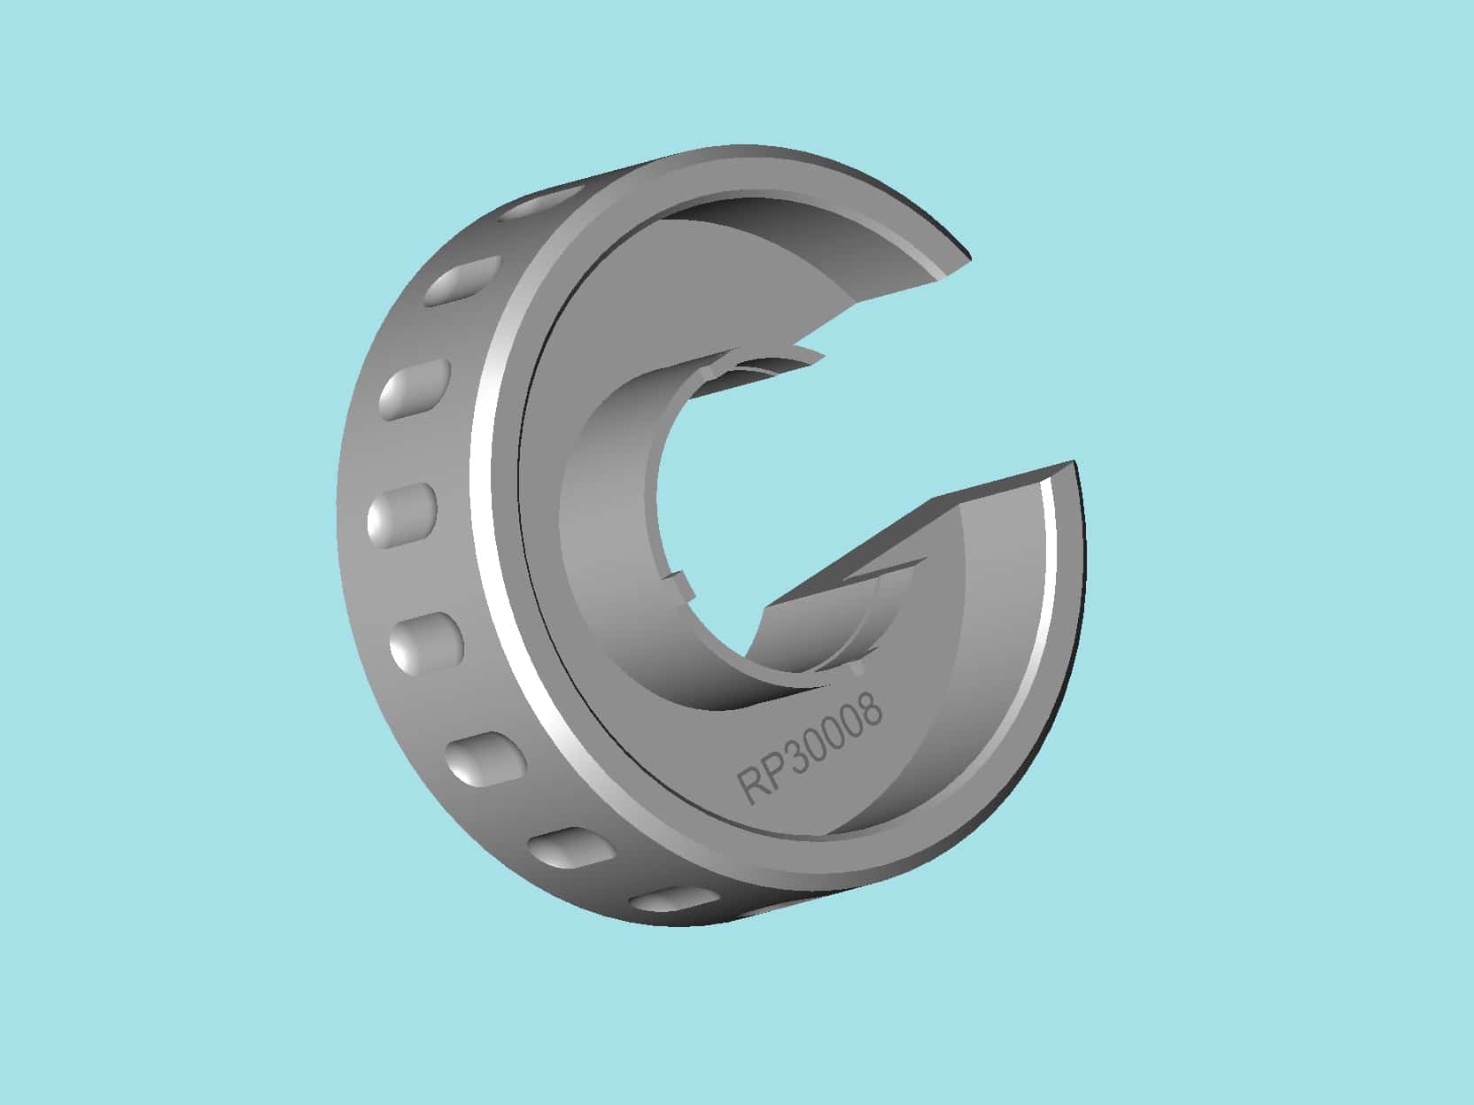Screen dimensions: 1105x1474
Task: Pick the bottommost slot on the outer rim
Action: [x=673, y=901]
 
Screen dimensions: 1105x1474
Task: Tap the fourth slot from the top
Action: [x=402, y=514]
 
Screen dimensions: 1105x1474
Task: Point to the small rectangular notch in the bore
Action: [x=678, y=585]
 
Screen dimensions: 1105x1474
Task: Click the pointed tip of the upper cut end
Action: [x=969, y=258]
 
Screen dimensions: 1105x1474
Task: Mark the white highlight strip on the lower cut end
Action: [x=1052, y=549]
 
